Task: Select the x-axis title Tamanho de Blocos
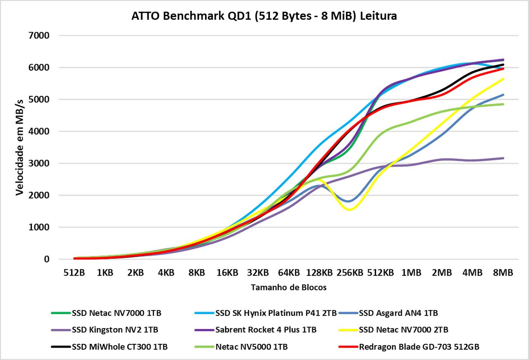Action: click(288, 288)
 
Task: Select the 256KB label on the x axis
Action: click(350, 273)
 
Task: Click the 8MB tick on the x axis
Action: click(503, 273)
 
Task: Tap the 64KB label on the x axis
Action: click(288, 273)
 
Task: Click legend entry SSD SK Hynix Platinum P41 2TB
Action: click(276, 313)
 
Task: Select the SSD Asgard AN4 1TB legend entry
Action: click(398, 313)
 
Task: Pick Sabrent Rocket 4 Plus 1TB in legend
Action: click(266, 330)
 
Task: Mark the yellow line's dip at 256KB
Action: click(350, 210)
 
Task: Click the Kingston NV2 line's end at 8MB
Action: click(503, 158)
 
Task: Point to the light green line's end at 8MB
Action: click(503, 104)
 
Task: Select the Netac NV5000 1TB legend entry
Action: click(251, 347)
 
